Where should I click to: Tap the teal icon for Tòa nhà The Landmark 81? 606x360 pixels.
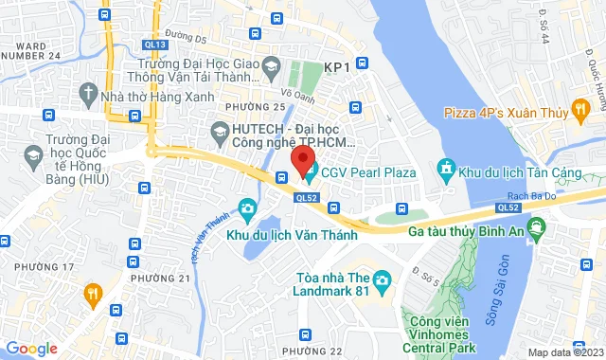click(x=382, y=279)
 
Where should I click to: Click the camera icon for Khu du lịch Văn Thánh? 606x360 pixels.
click(x=247, y=207)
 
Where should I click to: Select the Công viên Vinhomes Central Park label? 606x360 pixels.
click(x=441, y=333)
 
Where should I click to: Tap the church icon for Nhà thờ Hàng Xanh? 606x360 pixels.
click(x=88, y=94)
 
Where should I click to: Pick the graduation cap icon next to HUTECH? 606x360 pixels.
click(x=220, y=130)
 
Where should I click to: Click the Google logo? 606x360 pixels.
click(x=30, y=348)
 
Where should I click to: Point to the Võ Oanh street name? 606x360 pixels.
click(x=296, y=93)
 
